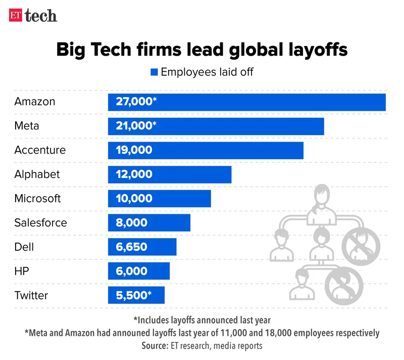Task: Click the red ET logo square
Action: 16,15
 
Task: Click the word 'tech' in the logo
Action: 41,16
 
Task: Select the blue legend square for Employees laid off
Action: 154,72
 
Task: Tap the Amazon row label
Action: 35,102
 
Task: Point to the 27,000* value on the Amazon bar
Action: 136,102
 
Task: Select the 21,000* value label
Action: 136,126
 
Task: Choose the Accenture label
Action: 40,150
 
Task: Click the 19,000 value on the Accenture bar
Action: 134,150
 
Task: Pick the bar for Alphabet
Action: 170,174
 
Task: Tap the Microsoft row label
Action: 37,199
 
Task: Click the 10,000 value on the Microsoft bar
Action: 134,199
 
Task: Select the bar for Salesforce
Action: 149,223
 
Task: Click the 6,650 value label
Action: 131,247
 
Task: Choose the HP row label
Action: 22,272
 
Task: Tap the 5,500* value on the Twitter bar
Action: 133,296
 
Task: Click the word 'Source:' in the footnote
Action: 159,346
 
